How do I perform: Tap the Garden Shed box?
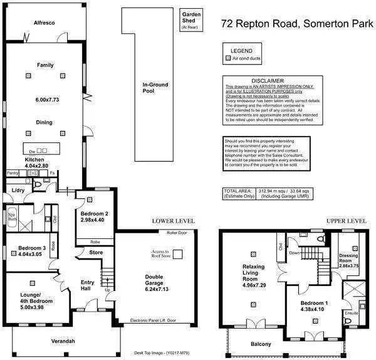pyautogui.click(x=189, y=20)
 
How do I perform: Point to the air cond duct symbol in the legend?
pyautogui.click(x=227, y=58)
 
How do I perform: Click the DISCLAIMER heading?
pyautogui.click(x=268, y=81)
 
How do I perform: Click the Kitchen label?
pyautogui.click(x=34, y=160)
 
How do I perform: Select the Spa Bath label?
pyautogui.click(x=11, y=215)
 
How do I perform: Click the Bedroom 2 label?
pyautogui.click(x=95, y=214)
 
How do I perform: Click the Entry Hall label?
pyautogui.click(x=88, y=286)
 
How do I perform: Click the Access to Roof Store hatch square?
pyautogui.click(x=178, y=253)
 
